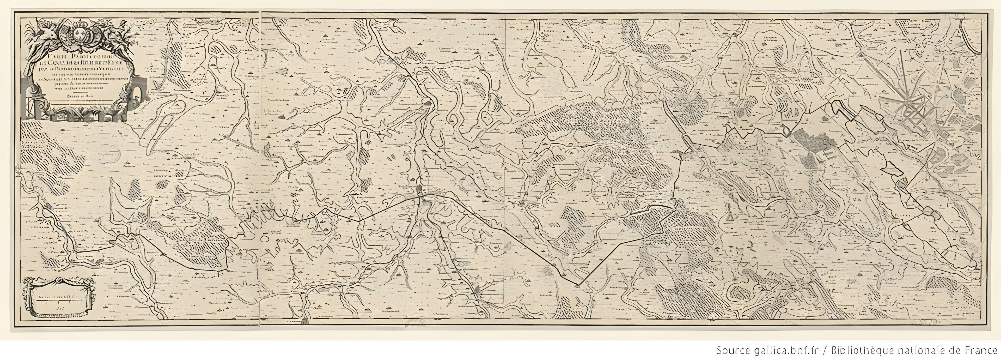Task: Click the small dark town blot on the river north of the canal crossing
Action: [x=428, y=103]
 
